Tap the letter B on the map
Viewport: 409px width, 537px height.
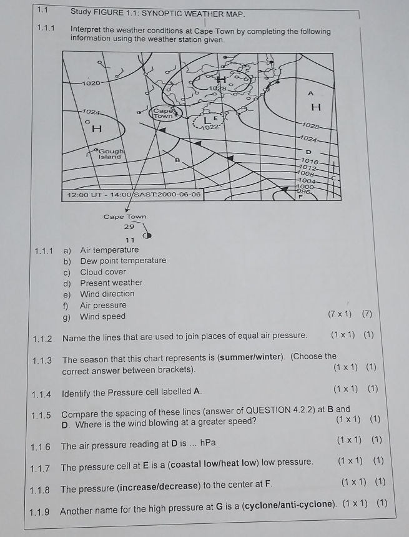(x=177, y=160)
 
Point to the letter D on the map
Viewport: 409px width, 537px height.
(x=308, y=152)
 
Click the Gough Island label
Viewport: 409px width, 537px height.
(x=112, y=153)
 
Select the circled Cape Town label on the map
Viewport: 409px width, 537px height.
(x=164, y=113)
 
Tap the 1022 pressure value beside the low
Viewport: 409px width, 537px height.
(x=213, y=127)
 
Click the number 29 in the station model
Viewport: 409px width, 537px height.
(x=129, y=228)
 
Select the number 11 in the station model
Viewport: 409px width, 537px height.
(x=131, y=240)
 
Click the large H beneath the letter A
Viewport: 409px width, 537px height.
(x=316, y=107)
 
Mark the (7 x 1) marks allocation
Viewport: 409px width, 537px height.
(x=340, y=314)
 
